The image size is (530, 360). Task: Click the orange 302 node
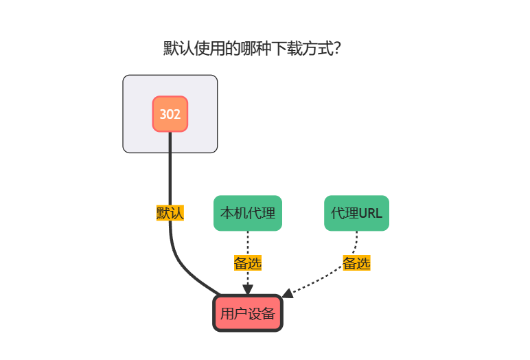170,114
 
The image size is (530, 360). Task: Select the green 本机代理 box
248,213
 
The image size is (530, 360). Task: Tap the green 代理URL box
356,213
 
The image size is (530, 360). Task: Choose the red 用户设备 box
248,314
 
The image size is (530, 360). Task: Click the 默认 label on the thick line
170,213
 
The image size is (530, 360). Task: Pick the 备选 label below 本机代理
248,262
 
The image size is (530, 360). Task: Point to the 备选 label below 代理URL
356,262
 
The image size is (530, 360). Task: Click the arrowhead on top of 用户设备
248,290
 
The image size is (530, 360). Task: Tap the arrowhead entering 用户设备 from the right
288,293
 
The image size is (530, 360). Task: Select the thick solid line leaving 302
170,172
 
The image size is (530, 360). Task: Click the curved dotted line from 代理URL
330,278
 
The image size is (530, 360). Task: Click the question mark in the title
338,49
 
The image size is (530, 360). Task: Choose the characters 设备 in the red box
262,314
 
